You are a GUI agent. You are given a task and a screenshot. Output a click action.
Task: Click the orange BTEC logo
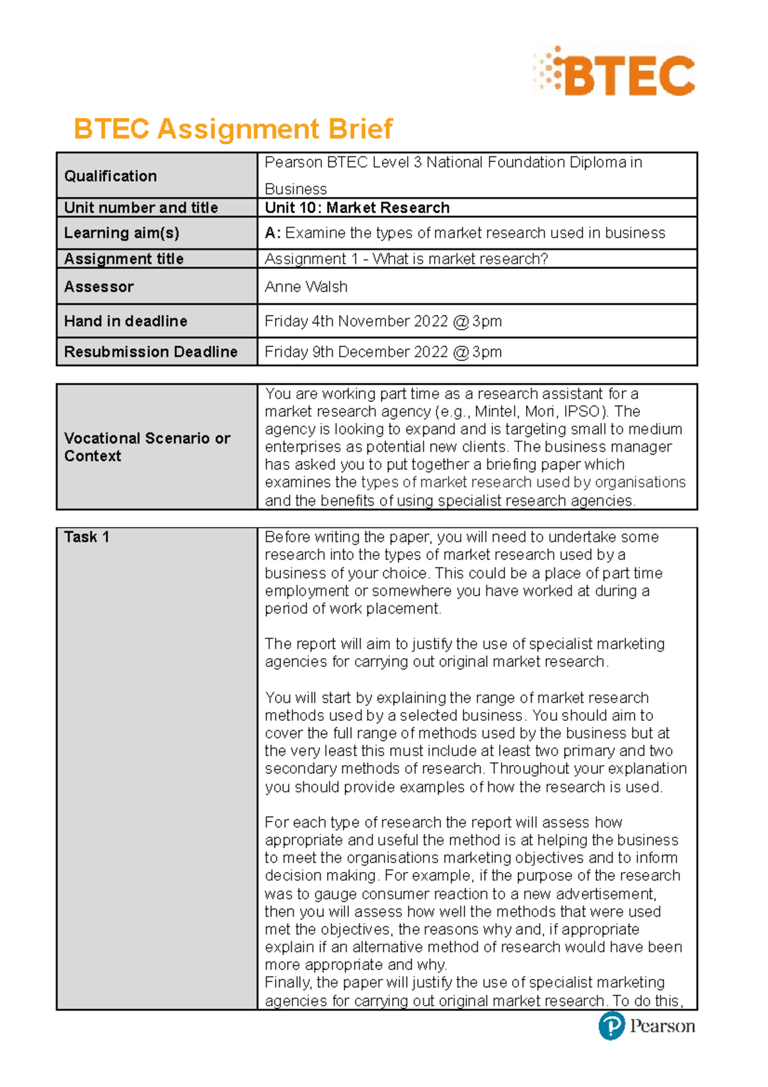614,73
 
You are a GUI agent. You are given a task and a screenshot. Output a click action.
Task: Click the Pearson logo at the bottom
646,1026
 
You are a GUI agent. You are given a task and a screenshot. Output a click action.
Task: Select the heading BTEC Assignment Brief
233,129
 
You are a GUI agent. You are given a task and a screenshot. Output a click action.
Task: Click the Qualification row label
110,176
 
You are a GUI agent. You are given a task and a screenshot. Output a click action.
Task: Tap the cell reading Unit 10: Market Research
357,207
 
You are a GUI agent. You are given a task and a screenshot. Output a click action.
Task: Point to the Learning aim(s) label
122,233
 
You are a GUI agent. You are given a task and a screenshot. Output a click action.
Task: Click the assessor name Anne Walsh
306,287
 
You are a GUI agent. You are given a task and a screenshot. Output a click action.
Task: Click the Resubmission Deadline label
150,352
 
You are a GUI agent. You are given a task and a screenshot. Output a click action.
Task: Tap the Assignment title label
124,259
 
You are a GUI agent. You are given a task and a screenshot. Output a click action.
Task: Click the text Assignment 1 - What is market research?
406,259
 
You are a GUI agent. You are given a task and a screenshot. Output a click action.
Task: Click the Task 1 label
86,537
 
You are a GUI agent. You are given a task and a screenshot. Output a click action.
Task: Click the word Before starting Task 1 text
287,537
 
